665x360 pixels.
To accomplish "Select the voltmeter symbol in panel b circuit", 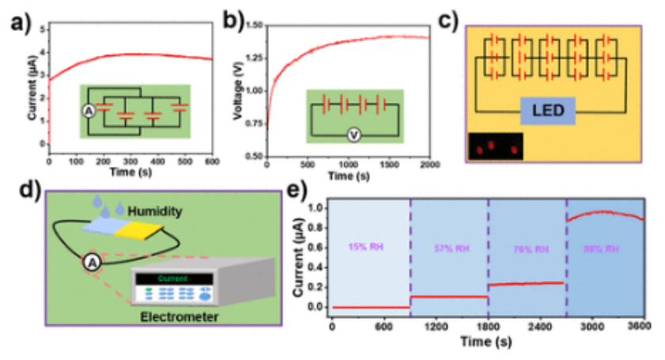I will [355, 135].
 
